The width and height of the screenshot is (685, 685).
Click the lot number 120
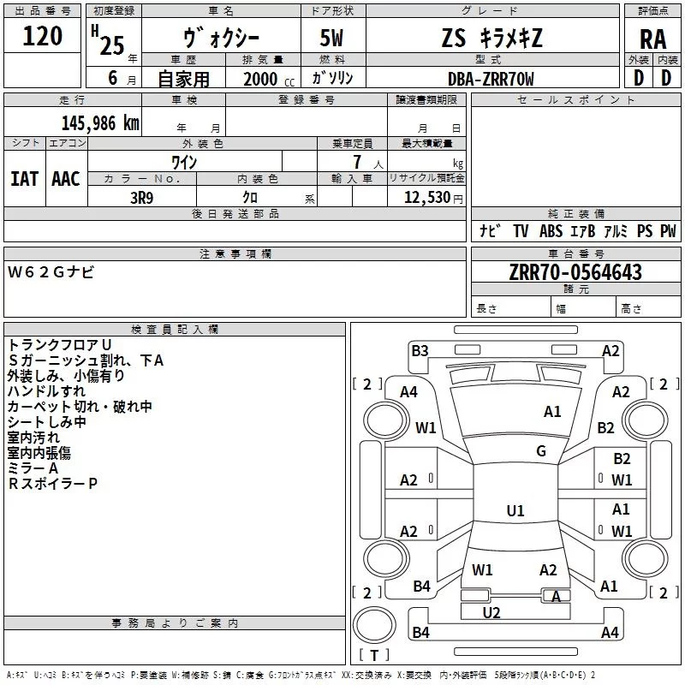(43, 37)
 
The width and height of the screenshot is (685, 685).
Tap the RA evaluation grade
(652, 39)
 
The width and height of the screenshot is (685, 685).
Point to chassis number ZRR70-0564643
(576, 272)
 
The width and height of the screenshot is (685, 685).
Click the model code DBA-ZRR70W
(491, 79)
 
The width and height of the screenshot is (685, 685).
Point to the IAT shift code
(24, 178)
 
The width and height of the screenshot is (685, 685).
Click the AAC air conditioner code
(65, 178)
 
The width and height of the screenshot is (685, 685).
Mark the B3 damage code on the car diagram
(420, 350)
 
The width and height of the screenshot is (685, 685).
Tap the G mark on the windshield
(541, 451)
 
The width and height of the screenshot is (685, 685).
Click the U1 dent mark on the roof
(515, 511)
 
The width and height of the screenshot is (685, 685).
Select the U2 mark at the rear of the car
(491, 612)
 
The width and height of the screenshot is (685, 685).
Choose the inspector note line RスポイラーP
(53, 484)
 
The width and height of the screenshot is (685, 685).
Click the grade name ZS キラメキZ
(491, 39)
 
